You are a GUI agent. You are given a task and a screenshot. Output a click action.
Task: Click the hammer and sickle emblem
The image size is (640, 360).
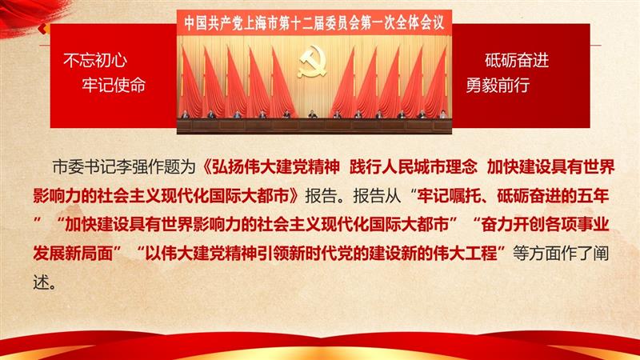point(313,62)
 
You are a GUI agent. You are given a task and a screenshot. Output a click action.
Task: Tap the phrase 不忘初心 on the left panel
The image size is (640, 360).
point(95,61)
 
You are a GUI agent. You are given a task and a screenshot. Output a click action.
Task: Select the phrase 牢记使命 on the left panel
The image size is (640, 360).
point(114,85)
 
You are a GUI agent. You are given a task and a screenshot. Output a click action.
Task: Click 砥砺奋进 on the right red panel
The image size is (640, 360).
point(517,61)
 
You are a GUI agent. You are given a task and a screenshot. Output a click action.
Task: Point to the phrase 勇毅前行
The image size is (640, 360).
point(498,85)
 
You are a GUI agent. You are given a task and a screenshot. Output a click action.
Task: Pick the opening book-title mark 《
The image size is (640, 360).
point(206,167)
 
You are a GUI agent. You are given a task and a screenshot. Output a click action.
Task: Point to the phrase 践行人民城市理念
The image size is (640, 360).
point(413,167)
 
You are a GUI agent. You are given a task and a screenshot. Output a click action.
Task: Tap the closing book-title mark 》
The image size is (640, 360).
point(294,196)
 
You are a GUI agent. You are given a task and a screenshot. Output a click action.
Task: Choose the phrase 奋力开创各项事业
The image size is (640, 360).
point(545,225)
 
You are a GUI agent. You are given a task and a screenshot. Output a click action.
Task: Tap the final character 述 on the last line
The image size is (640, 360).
point(41,282)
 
